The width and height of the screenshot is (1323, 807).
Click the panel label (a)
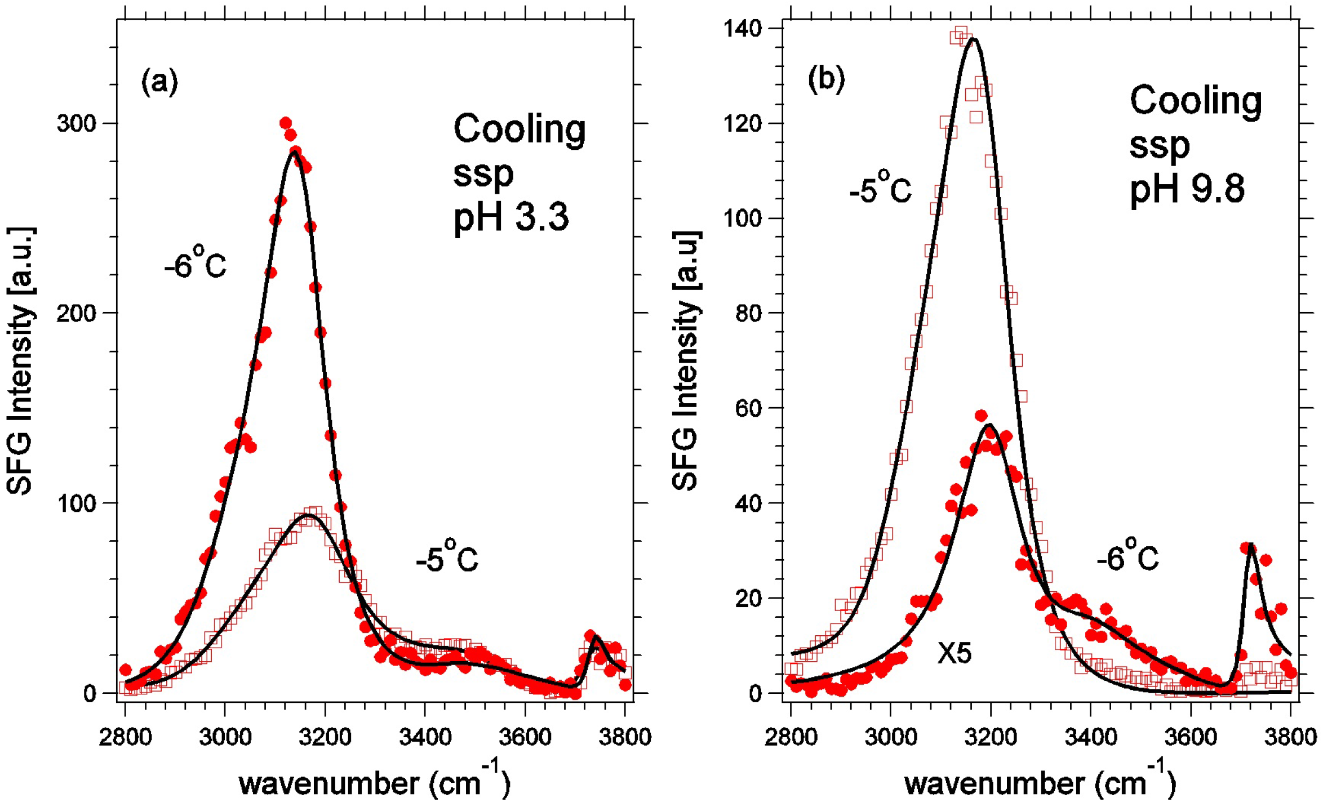[159, 82]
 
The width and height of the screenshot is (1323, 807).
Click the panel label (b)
[826, 79]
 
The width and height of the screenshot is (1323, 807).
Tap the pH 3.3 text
[511, 217]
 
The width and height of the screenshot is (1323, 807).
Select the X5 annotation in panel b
[954, 653]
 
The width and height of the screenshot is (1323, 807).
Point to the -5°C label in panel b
[880, 189]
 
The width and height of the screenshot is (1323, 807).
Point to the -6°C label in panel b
[1127, 557]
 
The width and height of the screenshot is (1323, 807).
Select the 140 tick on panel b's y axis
[742, 28]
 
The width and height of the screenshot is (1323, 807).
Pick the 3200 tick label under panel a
[325, 737]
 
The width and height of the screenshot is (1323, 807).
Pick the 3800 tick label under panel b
[1289, 737]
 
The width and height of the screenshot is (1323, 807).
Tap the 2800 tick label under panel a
[125, 737]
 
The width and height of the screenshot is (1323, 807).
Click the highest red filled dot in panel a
[285, 123]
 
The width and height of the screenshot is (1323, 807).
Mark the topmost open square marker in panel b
[961, 32]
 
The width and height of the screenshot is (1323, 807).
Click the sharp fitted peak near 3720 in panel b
[1250, 546]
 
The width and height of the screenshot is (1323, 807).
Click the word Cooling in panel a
[519, 130]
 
